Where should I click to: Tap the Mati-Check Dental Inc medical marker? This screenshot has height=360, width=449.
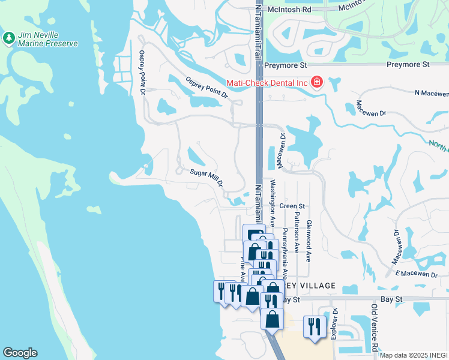tap(316, 82)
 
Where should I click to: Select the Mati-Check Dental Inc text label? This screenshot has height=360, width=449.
tap(267, 83)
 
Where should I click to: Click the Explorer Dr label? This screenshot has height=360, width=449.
tap(335, 324)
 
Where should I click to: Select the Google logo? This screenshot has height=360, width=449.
tap(20, 353)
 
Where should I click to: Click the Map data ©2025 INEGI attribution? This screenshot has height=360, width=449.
tap(413, 355)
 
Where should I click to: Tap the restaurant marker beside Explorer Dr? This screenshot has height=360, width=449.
tap(314, 327)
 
